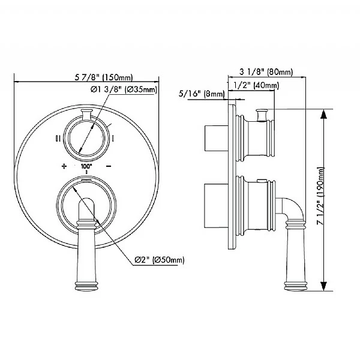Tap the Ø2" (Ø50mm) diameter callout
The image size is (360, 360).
(x=158, y=259)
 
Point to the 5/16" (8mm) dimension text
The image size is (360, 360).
(x=202, y=94)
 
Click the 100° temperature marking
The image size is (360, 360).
(x=86, y=164)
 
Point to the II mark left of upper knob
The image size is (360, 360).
(x=58, y=139)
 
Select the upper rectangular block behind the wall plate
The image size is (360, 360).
(x=214, y=137)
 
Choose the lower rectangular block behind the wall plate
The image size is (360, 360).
(x=214, y=204)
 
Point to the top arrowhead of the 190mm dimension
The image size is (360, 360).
(x=324, y=112)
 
